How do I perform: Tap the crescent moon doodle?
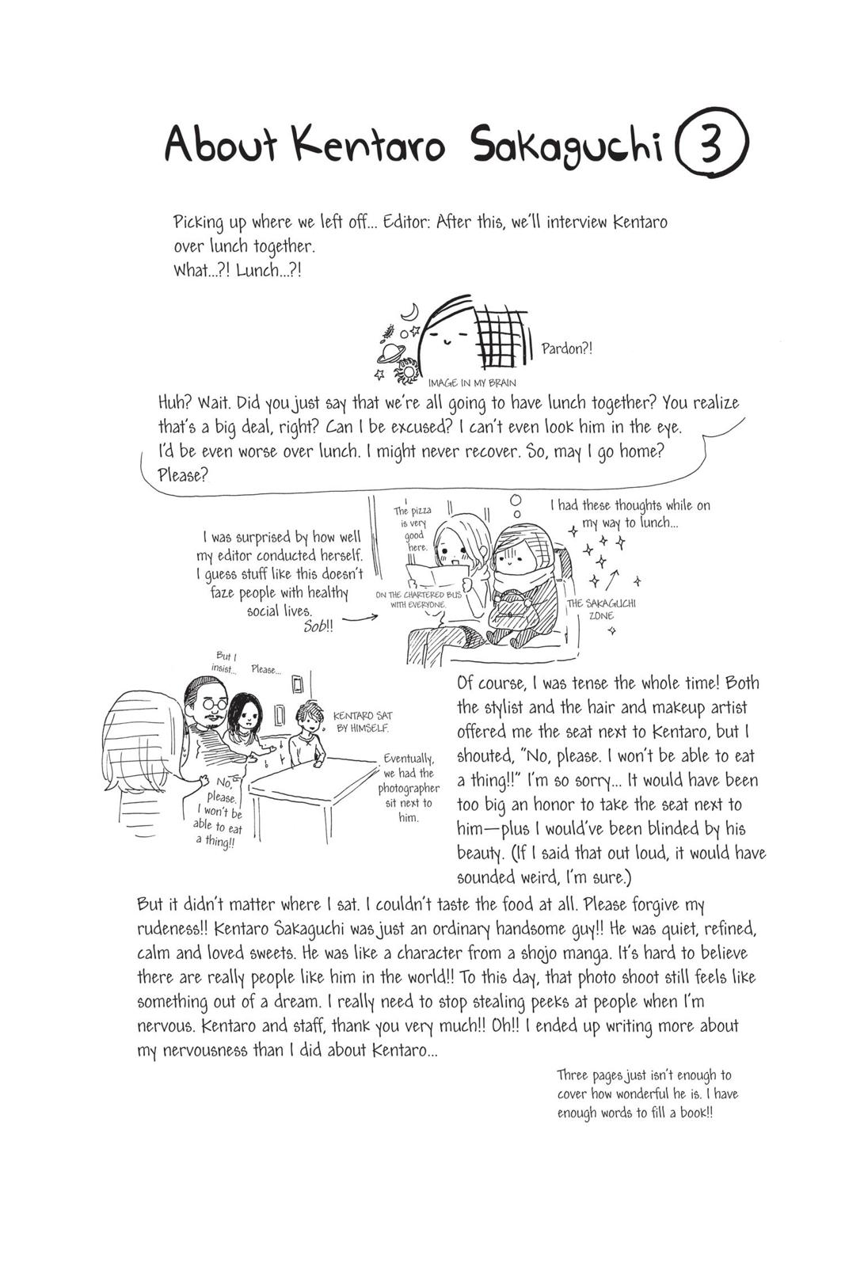[x=409, y=312]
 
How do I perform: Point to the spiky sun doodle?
[x=407, y=369]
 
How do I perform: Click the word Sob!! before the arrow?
[x=318, y=626]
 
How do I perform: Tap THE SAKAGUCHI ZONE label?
[x=601, y=609]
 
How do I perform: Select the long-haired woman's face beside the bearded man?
[x=248, y=721]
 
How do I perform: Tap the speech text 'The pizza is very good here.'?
[x=413, y=528]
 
